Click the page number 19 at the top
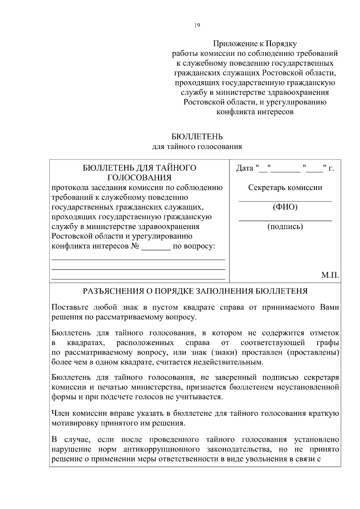(197, 25)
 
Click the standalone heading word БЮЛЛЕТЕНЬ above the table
(197, 137)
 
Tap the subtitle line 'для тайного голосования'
(197, 147)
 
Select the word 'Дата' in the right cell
(245, 168)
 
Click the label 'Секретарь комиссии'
(285, 188)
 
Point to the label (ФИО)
(285, 207)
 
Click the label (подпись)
(285, 226)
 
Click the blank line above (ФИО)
(285, 200)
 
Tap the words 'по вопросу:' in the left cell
(194, 246)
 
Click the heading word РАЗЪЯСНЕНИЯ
(115, 291)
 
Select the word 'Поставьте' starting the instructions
(70, 307)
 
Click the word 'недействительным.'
(228, 362)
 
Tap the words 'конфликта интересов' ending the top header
(255, 112)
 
